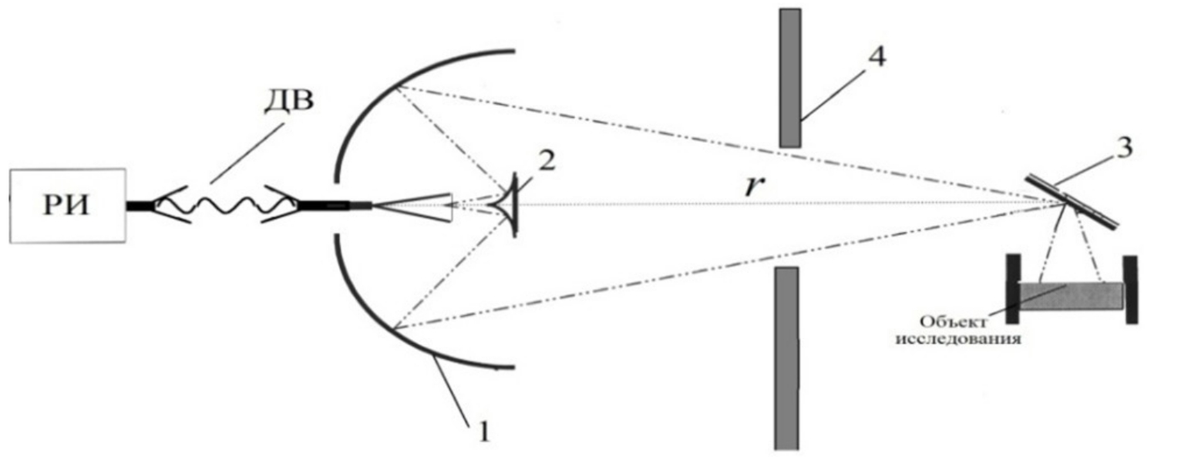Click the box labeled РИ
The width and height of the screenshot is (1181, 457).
pos(68,206)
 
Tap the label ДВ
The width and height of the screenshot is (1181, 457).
pos(288,100)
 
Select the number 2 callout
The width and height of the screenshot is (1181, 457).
pos(546,162)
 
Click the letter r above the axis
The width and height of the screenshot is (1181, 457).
pos(755,186)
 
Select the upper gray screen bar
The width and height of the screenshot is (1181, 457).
pos(790,78)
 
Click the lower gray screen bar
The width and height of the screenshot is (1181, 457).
pos(786,358)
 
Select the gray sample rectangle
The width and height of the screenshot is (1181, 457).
pos(1070,296)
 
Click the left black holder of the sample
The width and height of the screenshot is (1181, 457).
pos(1012,289)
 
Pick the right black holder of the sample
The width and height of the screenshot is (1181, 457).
pos(1130,289)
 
